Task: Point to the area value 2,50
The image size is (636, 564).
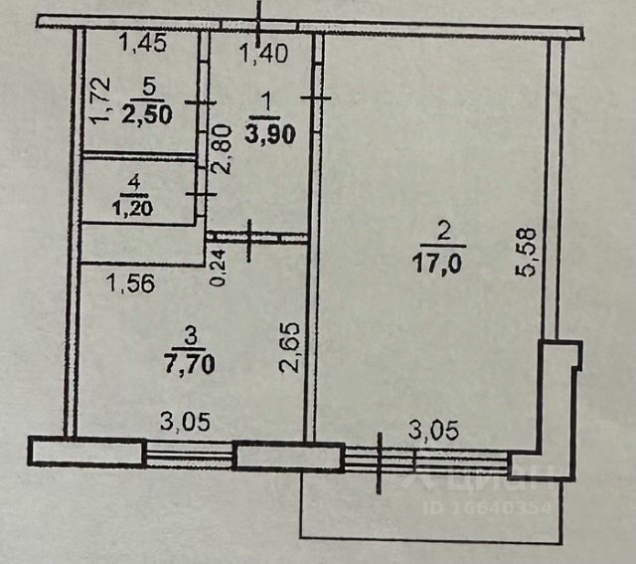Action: pos(147,112)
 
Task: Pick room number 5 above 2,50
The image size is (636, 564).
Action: pos(146,86)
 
